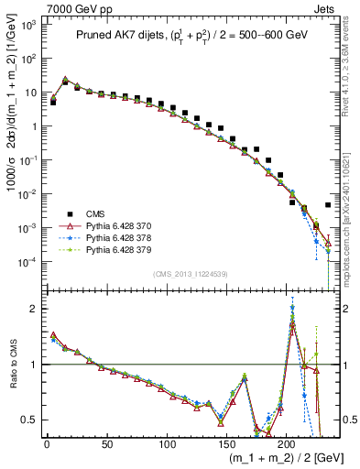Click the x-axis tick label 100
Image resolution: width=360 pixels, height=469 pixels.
coord(168,444)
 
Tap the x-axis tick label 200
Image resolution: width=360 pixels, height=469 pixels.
coord(289,444)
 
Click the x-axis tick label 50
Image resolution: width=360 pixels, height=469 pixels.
coord(107,444)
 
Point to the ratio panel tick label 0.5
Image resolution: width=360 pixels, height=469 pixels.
coord(30,420)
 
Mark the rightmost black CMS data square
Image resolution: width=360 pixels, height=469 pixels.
coord(328,205)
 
